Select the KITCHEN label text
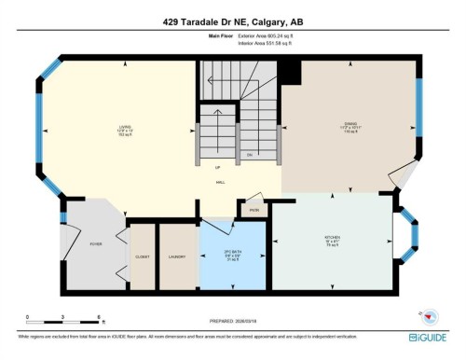[x=332, y=239]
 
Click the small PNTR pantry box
[x=253, y=210]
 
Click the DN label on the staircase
[x=249, y=154]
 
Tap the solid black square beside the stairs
[x=289, y=70]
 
